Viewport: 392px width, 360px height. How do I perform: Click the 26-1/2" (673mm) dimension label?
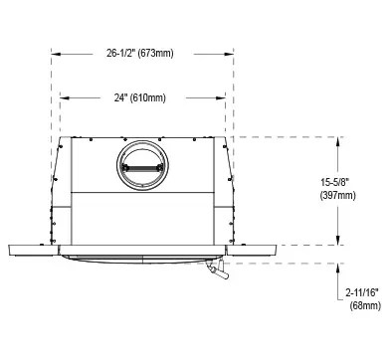coord(140,53)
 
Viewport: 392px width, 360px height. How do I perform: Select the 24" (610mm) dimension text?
coord(140,97)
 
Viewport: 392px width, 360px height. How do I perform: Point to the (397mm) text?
coord(338,195)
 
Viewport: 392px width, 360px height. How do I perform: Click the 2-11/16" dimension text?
coord(362,292)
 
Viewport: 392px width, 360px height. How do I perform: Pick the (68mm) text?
coord(365,305)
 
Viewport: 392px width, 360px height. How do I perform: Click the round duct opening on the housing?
coord(142,165)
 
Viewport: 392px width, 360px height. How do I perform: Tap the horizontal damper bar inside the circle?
coord(142,168)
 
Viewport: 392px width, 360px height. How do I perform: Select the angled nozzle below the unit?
coord(217,270)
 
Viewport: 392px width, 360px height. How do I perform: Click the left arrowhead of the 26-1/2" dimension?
coord(56,54)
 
